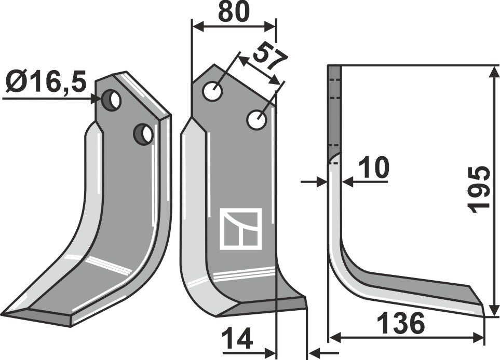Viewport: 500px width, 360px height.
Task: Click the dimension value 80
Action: (233, 12)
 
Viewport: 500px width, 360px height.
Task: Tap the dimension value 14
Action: (237, 340)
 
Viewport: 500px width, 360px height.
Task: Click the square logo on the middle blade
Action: (241, 228)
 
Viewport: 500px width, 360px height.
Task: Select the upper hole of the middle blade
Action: (213, 92)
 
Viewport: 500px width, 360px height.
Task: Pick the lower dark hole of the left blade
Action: (143, 134)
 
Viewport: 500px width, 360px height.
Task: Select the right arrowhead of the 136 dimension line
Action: (479, 338)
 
